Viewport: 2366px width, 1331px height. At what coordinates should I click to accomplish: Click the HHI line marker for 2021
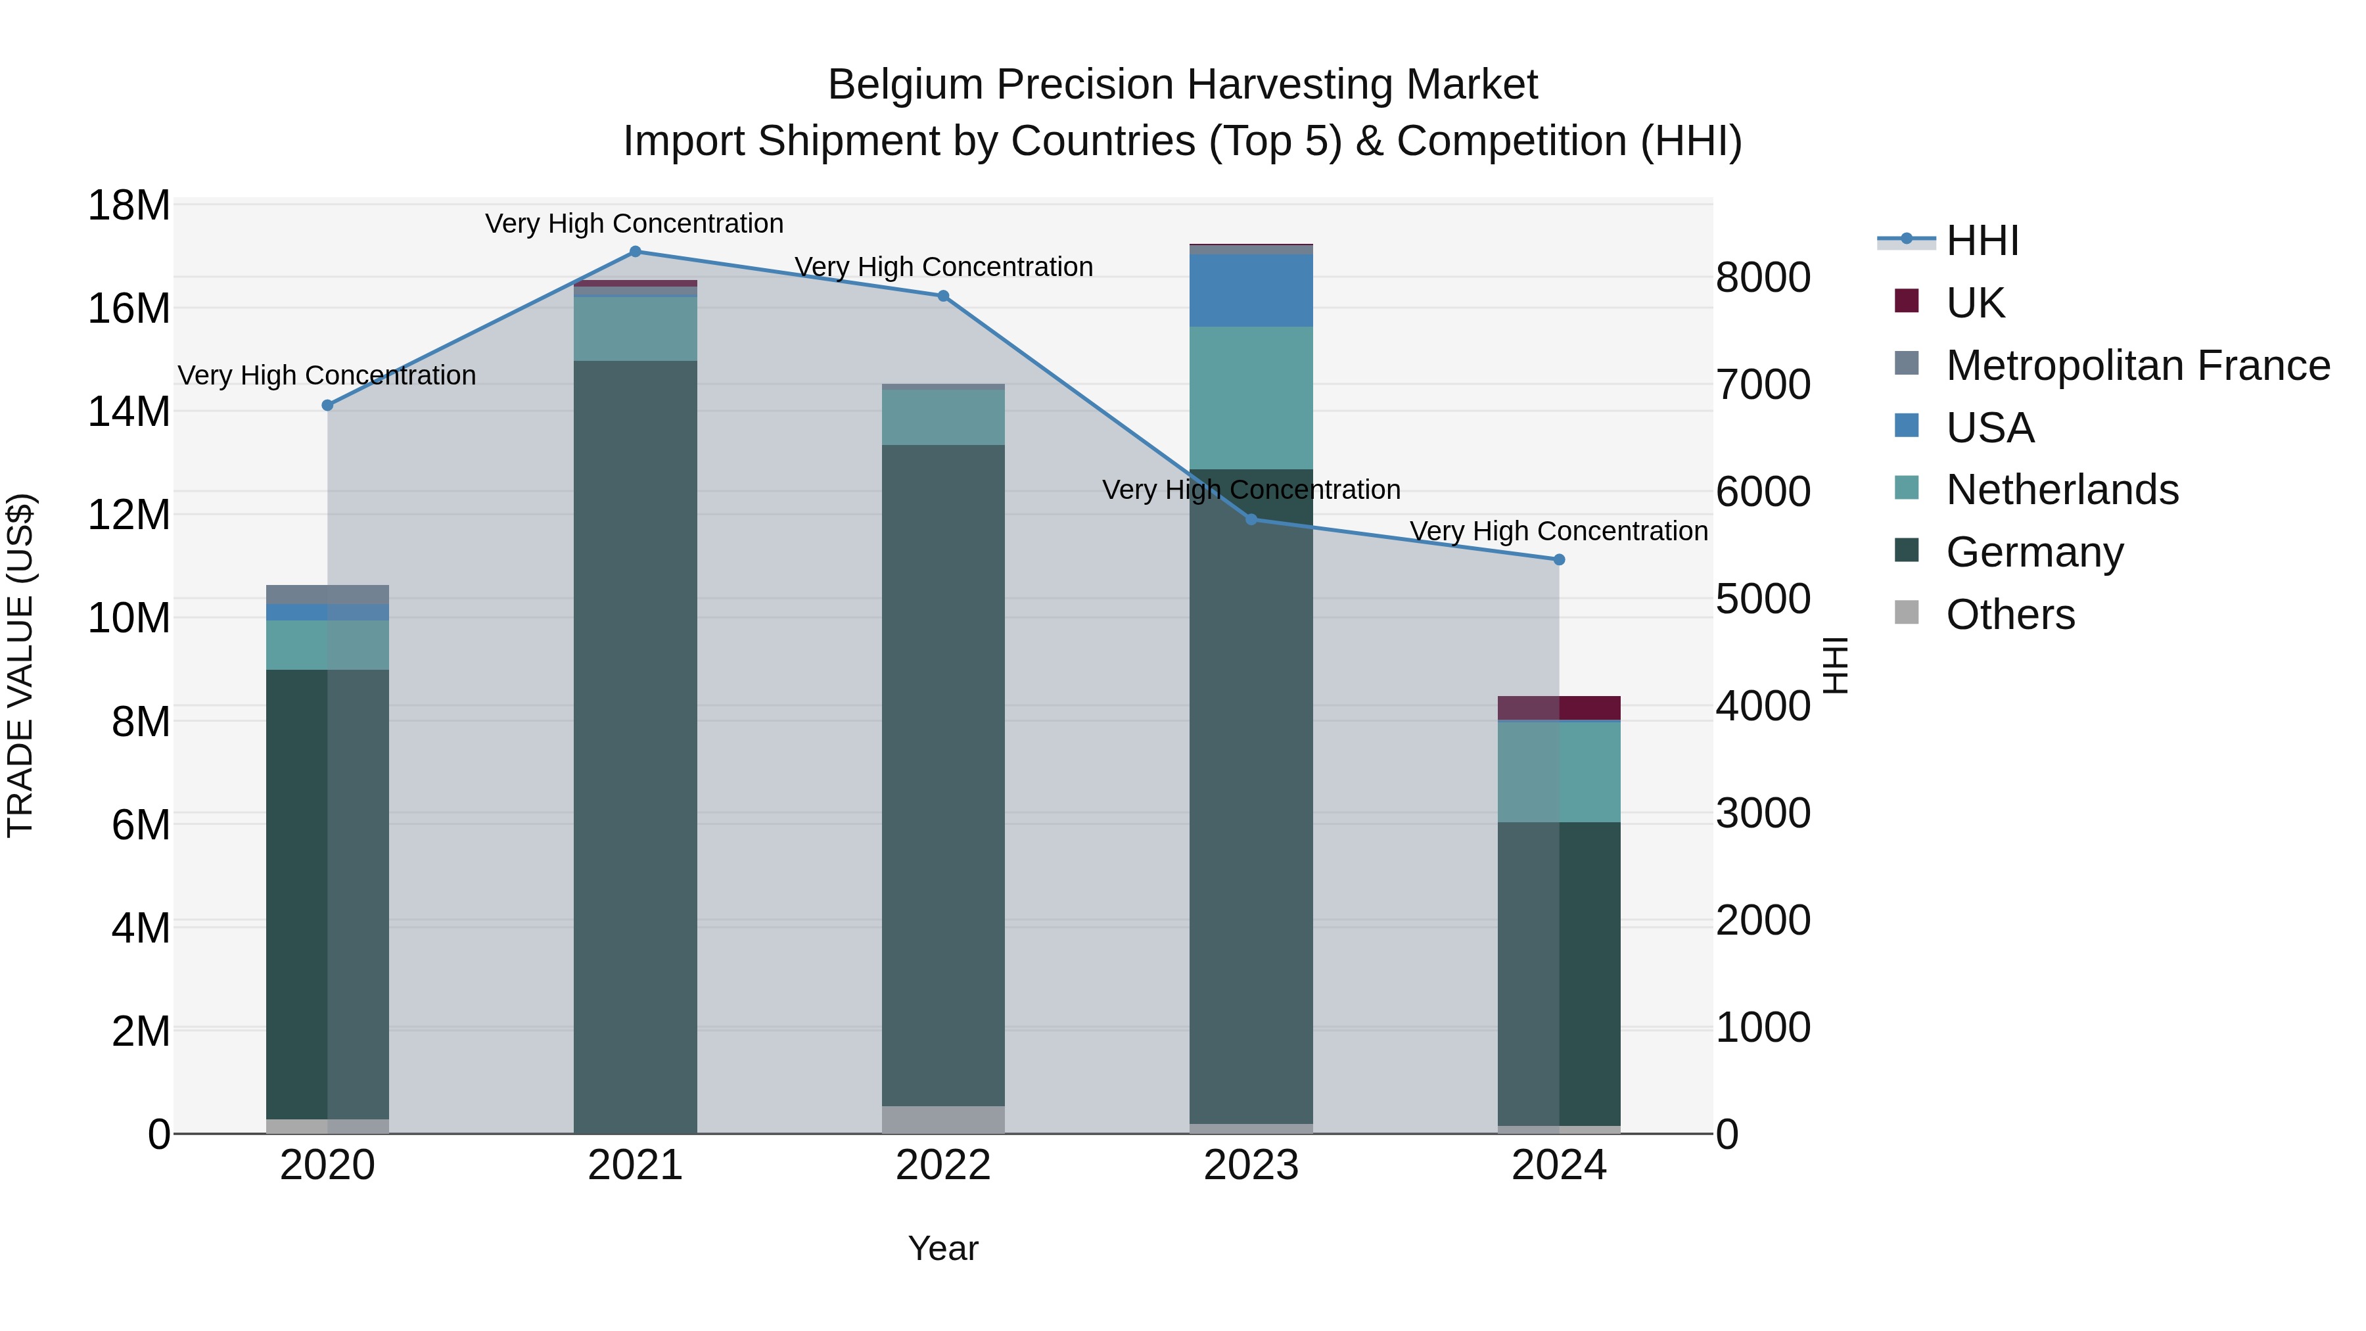635,252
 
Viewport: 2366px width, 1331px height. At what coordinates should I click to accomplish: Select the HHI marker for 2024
1559,559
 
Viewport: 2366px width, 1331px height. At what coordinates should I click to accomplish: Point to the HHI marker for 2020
328,405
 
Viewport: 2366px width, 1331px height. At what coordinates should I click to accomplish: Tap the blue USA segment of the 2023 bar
1251,291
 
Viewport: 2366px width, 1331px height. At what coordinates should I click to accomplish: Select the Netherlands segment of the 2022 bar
943,418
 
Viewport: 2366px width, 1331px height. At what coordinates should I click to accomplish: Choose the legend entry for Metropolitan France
2137,365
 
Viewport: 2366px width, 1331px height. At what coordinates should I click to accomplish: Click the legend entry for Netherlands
2062,490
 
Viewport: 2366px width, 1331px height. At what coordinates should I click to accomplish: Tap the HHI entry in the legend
1982,241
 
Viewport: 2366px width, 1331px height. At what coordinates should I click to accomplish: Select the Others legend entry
2010,615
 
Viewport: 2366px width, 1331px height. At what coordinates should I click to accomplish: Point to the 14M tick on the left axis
129,411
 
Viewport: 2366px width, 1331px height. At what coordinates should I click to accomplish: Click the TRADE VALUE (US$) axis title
20,665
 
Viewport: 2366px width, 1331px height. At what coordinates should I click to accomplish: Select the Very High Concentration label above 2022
943,268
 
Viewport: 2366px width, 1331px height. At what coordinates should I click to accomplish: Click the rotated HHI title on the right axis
1834,665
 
